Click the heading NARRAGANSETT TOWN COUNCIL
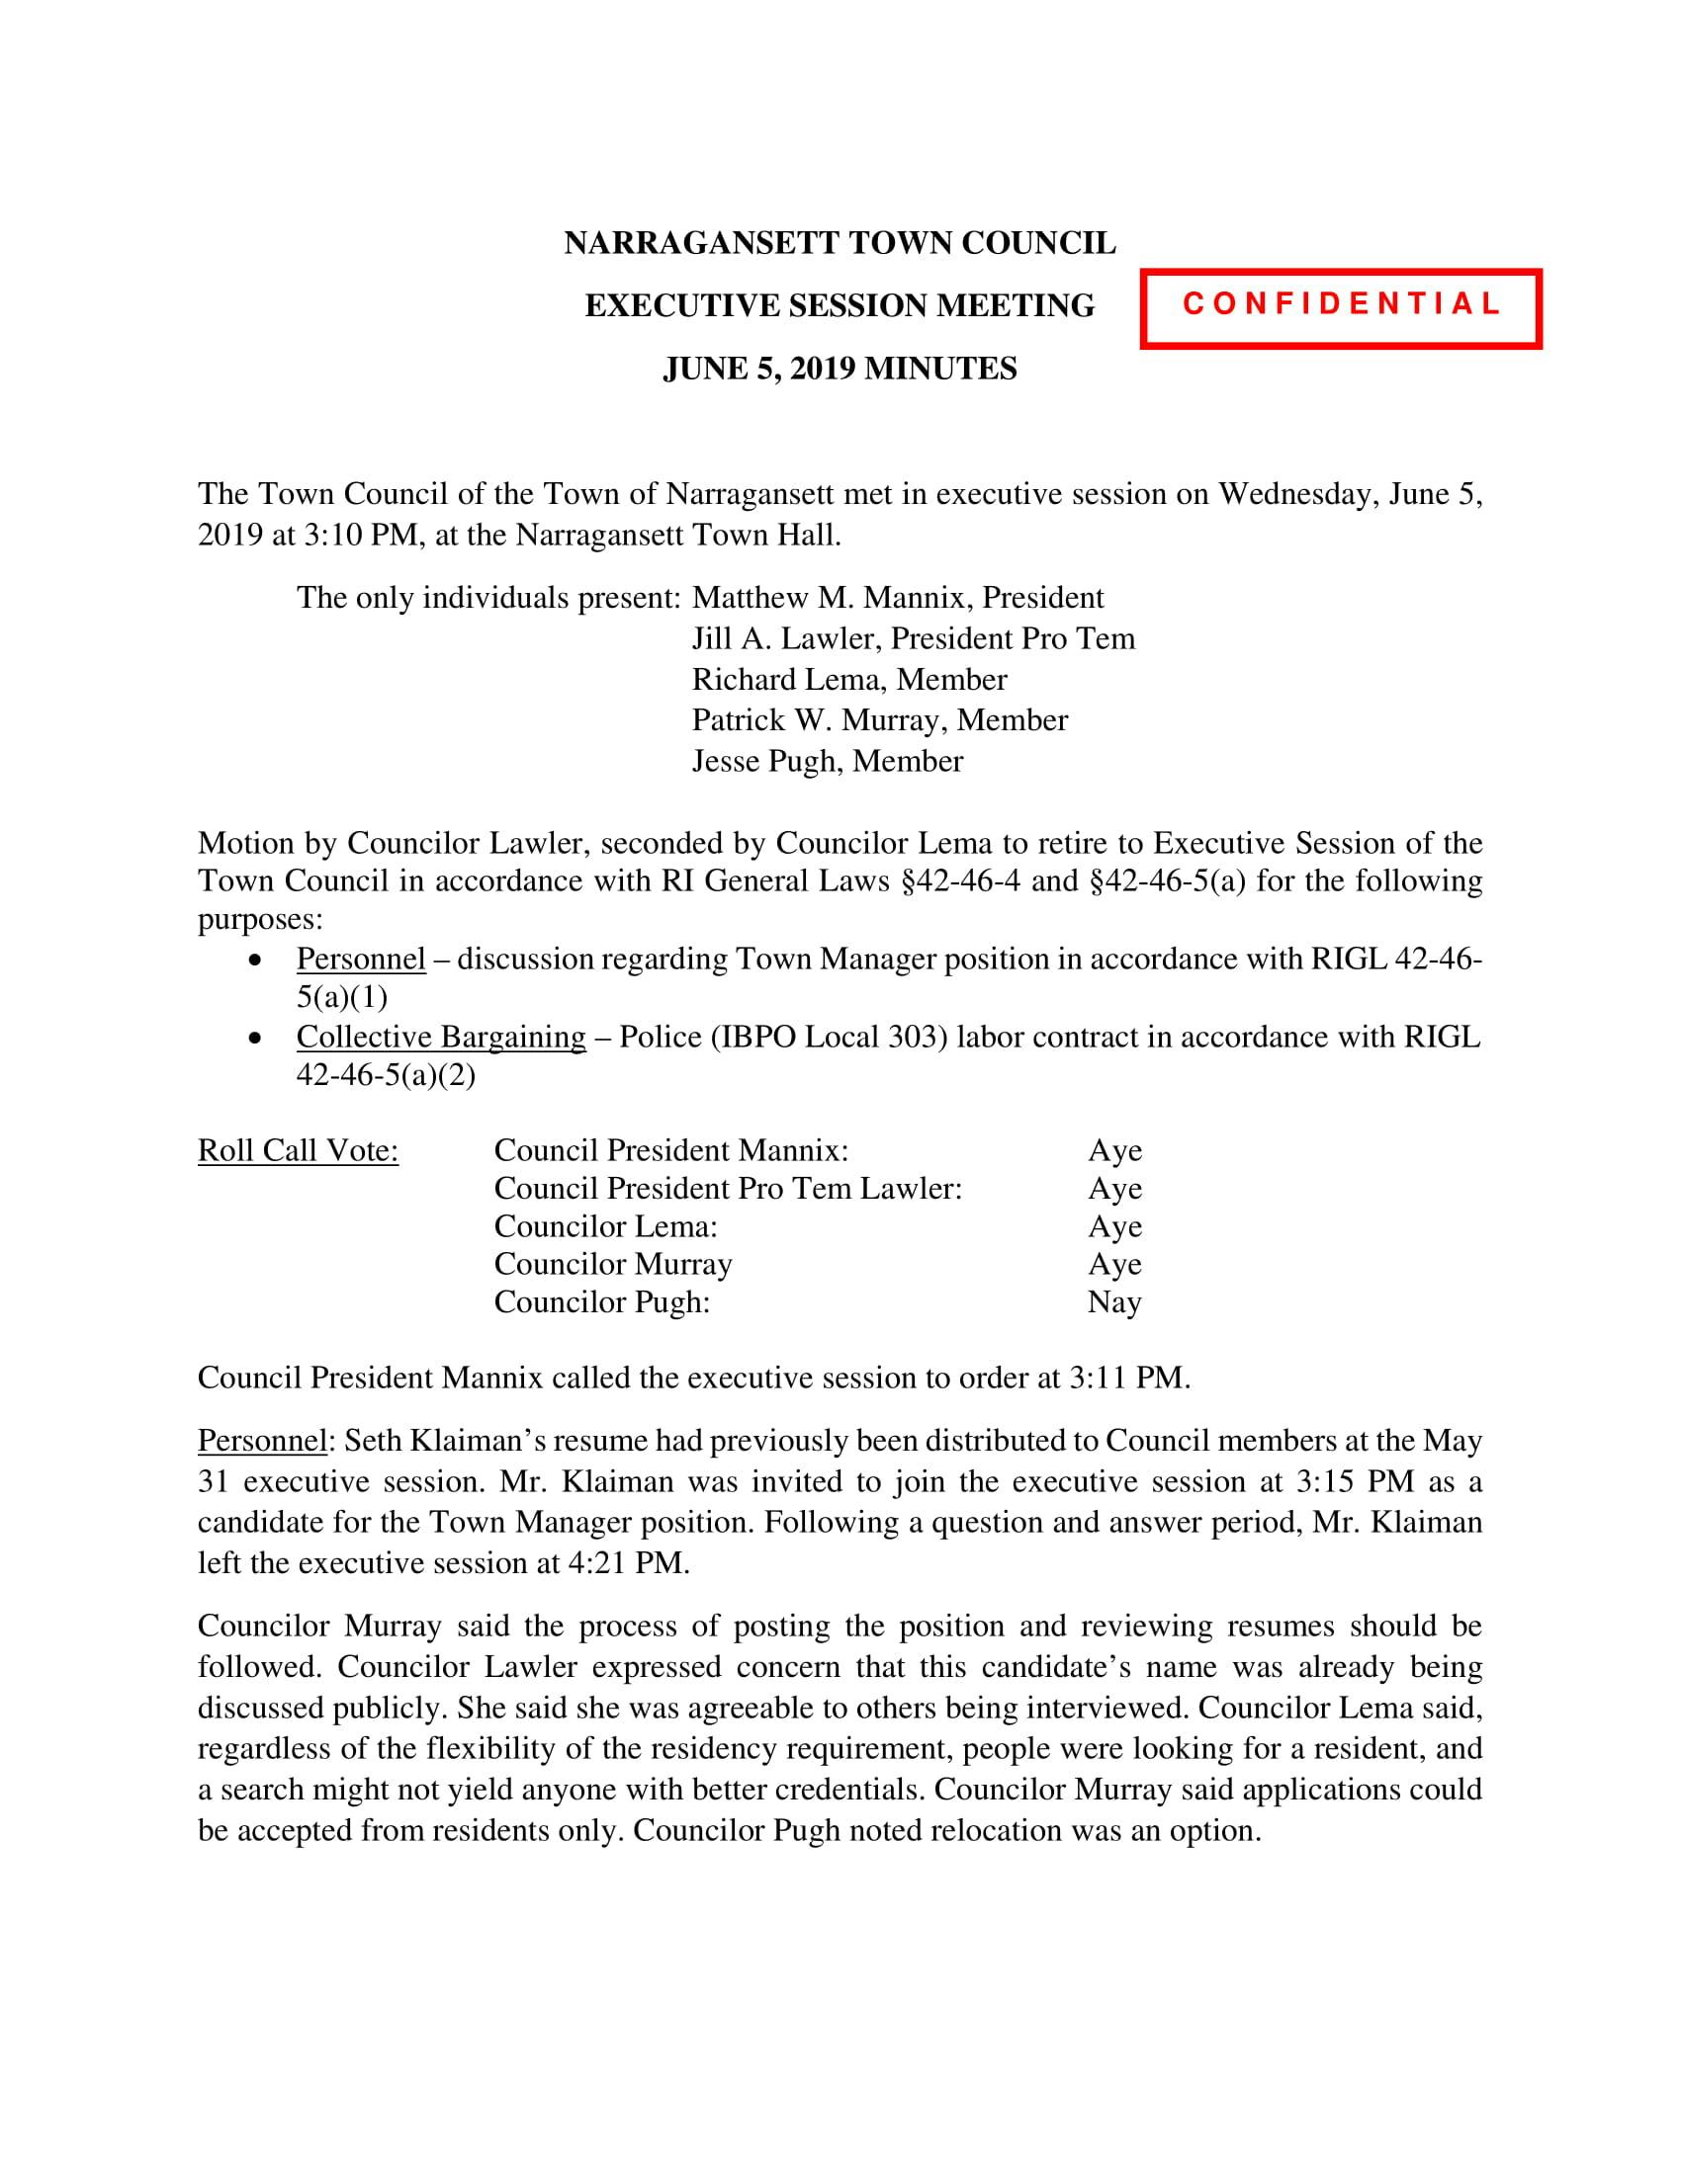(x=840, y=244)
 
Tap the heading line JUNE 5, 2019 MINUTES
(x=840, y=370)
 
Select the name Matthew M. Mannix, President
(x=897, y=597)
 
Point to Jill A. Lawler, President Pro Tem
(x=914, y=638)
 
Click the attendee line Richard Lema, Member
(x=849, y=680)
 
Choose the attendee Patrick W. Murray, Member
(x=879, y=720)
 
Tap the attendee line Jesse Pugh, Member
(x=828, y=762)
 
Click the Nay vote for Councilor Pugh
(x=1114, y=1302)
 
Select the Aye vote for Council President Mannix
(x=1114, y=1150)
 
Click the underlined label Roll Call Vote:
(x=298, y=1150)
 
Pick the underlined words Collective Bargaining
(x=440, y=1038)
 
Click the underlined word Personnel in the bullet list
(x=361, y=960)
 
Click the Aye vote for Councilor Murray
(x=1114, y=1264)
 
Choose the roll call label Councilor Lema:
(x=605, y=1226)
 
